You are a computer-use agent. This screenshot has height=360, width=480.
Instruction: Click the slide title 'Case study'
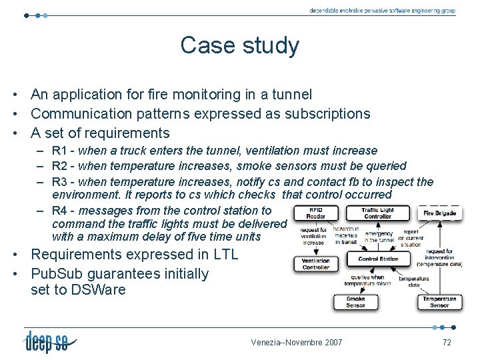(x=239, y=46)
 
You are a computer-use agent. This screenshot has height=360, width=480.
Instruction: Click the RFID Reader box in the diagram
(x=315, y=213)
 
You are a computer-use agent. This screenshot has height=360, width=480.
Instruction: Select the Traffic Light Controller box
(x=377, y=213)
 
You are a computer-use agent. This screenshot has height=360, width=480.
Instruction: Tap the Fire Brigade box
(x=440, y=213)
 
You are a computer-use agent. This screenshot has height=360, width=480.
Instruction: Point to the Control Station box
(x=378, y=259)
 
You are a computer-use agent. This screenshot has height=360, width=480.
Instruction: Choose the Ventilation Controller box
(x=315, y=264)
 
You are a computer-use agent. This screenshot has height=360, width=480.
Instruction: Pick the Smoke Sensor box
(x=355, y=302)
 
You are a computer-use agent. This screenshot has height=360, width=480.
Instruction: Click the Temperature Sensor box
(x=439, y=302)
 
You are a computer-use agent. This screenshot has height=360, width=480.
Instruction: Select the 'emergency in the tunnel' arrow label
(x=379, y=237)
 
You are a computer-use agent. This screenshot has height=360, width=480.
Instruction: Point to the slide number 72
(x=447, y=342)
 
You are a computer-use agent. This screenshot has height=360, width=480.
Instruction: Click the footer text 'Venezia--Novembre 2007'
(x=297, y=343)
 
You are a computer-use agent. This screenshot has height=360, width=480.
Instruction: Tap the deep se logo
(x=49, y=341)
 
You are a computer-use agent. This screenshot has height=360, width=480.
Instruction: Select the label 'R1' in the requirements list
(x=59, y=151)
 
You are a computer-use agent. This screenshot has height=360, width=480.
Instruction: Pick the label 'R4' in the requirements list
(x=59, y=211)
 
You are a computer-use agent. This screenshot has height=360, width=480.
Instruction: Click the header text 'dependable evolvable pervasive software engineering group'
(x=382, y=11)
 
